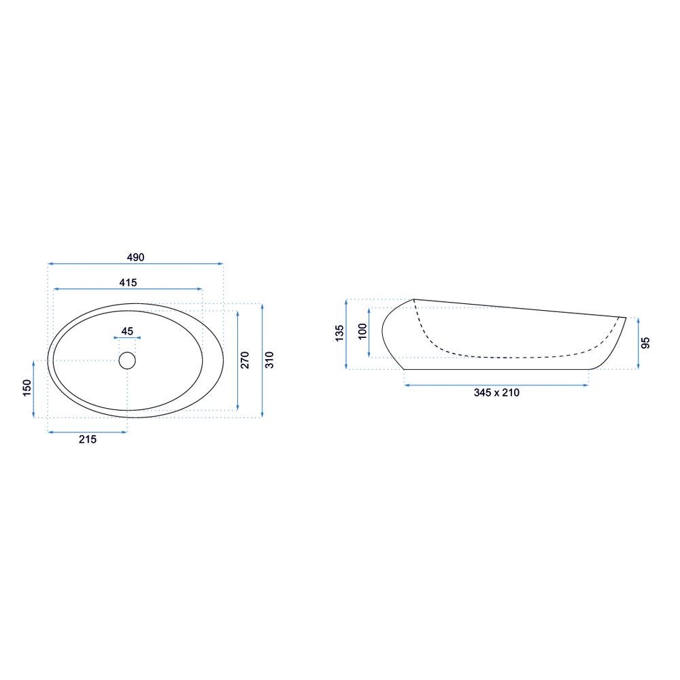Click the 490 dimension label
pyautogui.click(x=136, y=257)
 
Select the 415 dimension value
pyautogui.click(x=128, y=282)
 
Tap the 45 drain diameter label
pyautogui.click(x=127, y=331)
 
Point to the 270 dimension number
pyautogui.click(x=245, y=360)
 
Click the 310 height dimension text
pyautogui.click(x=269, y=360)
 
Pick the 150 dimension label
pyautogui.click(x=27, y=388)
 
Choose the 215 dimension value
pyautogui.click(x=88, y=439)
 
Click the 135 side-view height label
pyautogui.click(x=339, y=333)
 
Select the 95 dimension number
pyautogui.click(x=646, y=343)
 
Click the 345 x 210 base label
pyautogui.click(x=496, y=393)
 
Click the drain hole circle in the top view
pyautogui.click(x=127, y=360)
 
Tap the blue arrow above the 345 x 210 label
pyautogui.click(x=496, y=385)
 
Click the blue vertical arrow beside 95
pyautogui.click(x=638, y=343)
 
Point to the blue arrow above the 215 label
pyautogui.click(x=88, y=431)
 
